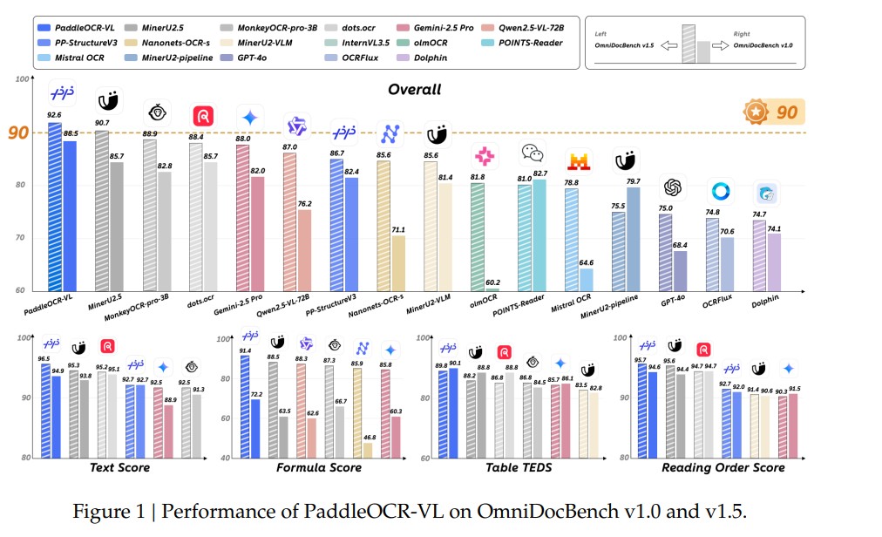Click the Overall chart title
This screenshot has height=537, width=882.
[x=414, y=89]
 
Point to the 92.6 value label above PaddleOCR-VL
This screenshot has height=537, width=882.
[x=54, y=114]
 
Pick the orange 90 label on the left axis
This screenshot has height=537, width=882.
[x=17, y=133]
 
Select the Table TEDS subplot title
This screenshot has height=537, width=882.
[x=516, y=468]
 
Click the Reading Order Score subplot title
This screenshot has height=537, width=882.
[x=723, y=468]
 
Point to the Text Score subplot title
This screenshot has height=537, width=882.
[x=119, y=468]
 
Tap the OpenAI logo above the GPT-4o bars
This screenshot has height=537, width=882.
[x=672, y=187]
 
